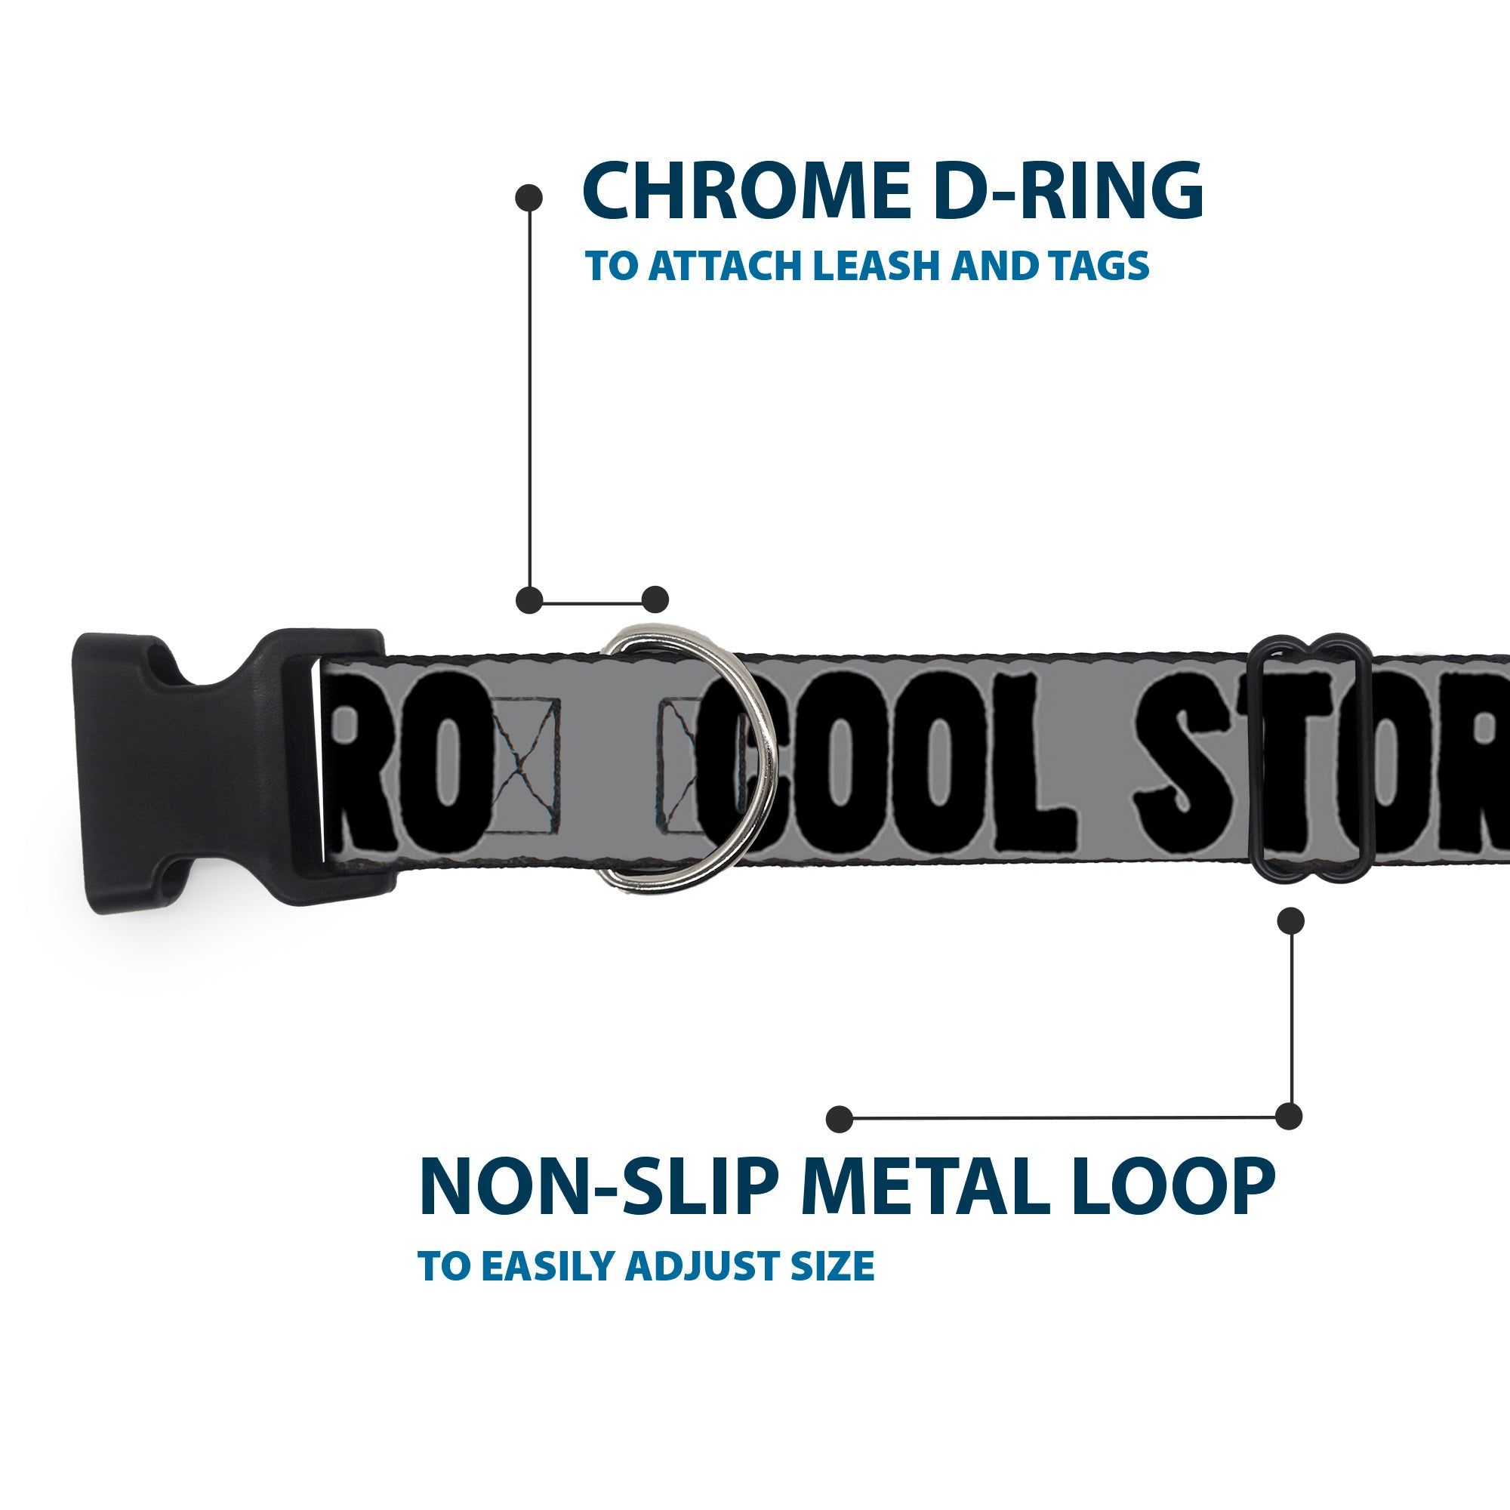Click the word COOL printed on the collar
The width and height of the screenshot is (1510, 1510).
tap(883, 763)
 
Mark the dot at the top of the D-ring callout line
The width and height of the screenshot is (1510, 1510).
tap(529, 198)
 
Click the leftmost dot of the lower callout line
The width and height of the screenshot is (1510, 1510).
tap(840, 1118)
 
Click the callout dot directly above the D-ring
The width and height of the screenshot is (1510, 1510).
tap(655, 599)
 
